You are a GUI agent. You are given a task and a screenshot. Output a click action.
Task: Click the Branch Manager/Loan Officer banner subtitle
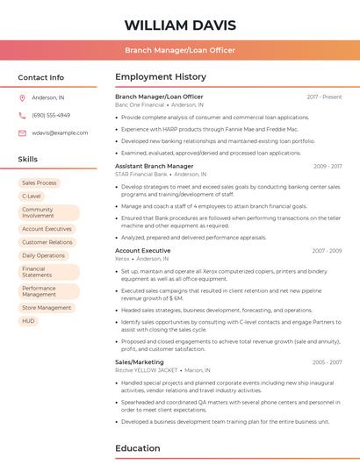click(x=180, y=50)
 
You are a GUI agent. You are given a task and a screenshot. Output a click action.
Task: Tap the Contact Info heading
click(x=41, y=77)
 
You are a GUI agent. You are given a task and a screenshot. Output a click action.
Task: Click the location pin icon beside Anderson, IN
click(x=22, y=97)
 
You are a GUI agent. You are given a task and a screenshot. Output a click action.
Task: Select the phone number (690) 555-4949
click(x=51, y=115)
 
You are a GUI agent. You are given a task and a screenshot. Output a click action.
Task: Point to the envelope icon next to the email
click(x=22, y=132)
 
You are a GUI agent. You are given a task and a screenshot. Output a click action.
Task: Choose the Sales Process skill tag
click(x=40, y=182)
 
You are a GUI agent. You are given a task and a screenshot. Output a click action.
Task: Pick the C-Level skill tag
click(x=32, y=197)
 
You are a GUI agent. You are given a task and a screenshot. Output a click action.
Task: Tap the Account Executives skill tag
click(x=47, y=228)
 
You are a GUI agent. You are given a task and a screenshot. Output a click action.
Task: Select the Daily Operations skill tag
click(x=44, y=255)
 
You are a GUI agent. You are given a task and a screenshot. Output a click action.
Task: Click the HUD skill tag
click(x=29, y=321)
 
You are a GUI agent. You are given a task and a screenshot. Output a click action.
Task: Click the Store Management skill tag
click(x=47, y=307)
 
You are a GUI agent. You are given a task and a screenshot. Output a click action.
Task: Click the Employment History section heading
click(x=161, y=77)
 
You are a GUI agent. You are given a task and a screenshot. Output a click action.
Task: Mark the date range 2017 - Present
click(x=324, y=97)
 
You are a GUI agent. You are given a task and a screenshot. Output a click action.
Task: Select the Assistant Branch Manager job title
click(x=155, y=166)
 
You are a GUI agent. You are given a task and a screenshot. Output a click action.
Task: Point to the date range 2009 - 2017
click(x=328, y=166)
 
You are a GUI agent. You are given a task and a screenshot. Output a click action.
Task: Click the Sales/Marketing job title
click(x=140, y=361)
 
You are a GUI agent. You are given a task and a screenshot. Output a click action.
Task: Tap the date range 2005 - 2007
click(x=328, y=361)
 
